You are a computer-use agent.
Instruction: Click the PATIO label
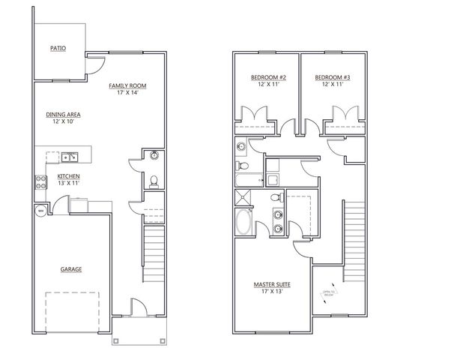point(58,48)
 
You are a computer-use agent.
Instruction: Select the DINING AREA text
point(63,115)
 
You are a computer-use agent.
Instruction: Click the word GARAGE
point(71,269)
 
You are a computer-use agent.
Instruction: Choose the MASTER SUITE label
point(273,285)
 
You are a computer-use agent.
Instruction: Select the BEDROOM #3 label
point(328,78)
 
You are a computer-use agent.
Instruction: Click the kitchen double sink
point(70,157)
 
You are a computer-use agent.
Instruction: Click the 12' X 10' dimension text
point(63,122)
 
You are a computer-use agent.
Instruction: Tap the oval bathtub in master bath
point(244,223)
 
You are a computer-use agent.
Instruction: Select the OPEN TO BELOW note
point(328,293)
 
